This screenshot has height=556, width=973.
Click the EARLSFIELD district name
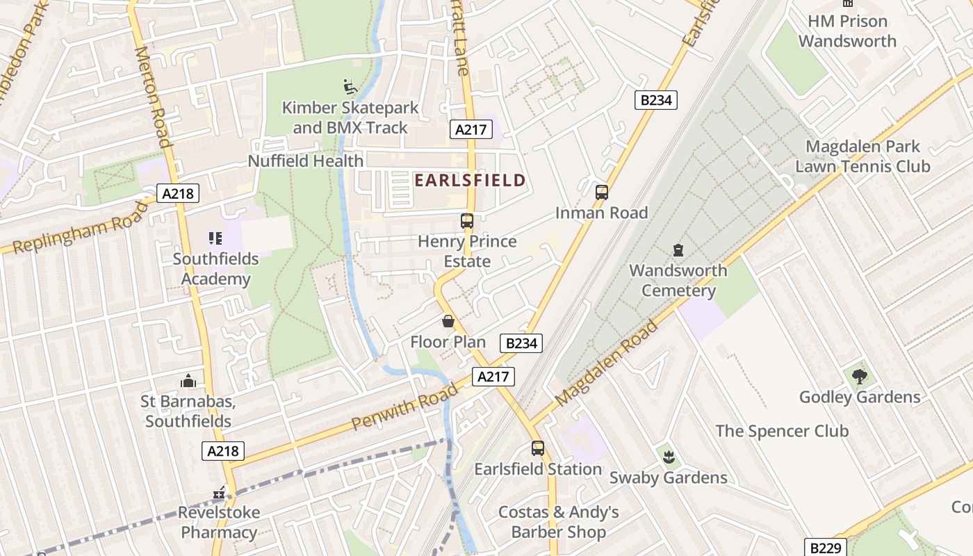pyautogui.click(x=470, y=181)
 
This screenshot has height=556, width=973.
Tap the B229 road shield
pyautogui.click(x=826, y=548)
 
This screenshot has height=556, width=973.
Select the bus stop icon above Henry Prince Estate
pyautogui.click(x=467, y=221)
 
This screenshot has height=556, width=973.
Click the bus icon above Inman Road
pyautogui.click(x=602, y=193)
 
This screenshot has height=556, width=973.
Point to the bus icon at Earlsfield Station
pyautogui.click(x=538, y=448)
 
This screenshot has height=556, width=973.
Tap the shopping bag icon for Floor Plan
pyautogui.click(x=448, y=321)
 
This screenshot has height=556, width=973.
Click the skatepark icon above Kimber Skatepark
pyautogui.click(x=351, y=87)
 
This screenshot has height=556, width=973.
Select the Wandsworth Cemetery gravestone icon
pyautogui.click(x=678, y=250)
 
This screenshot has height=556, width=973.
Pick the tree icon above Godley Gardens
pyautogui.click(x=860, y=377)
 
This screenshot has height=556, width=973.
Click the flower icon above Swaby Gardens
pyautogui.click(x=669, y=457)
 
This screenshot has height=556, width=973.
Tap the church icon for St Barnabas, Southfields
pyautogui.click(x=188, y=381)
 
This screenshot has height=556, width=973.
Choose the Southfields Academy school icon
pyautogui.click(x=215, y=238)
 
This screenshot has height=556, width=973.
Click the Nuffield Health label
pyautogui.click(x=306, y=161)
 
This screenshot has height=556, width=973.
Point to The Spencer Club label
pyautogui.click(x=782, y=431)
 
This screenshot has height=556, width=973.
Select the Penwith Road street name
pyautogui.click(x=404, y=405)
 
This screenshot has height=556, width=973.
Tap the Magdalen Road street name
pyautogui.click(x=606, y=363)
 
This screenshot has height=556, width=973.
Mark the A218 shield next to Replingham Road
pyautogui.click(x=178, y=193)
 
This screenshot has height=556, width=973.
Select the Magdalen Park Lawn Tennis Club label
pyautogui.click(x=862, y=156)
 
